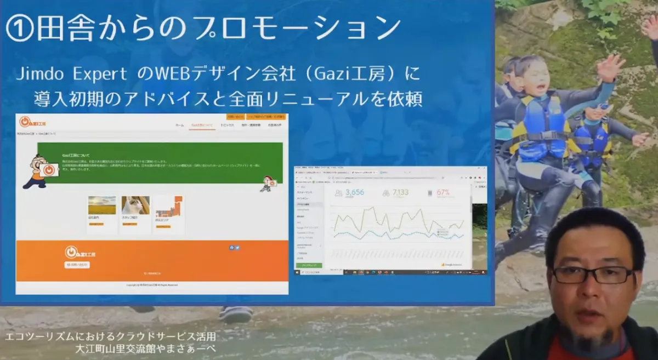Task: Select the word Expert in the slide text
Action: (99, 74)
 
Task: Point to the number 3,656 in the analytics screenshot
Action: (354, 192)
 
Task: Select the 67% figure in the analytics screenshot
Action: (444, 192)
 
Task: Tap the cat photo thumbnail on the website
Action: (135, 205)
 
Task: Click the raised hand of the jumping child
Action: (610, 66)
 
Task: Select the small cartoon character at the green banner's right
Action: (268, 184)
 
